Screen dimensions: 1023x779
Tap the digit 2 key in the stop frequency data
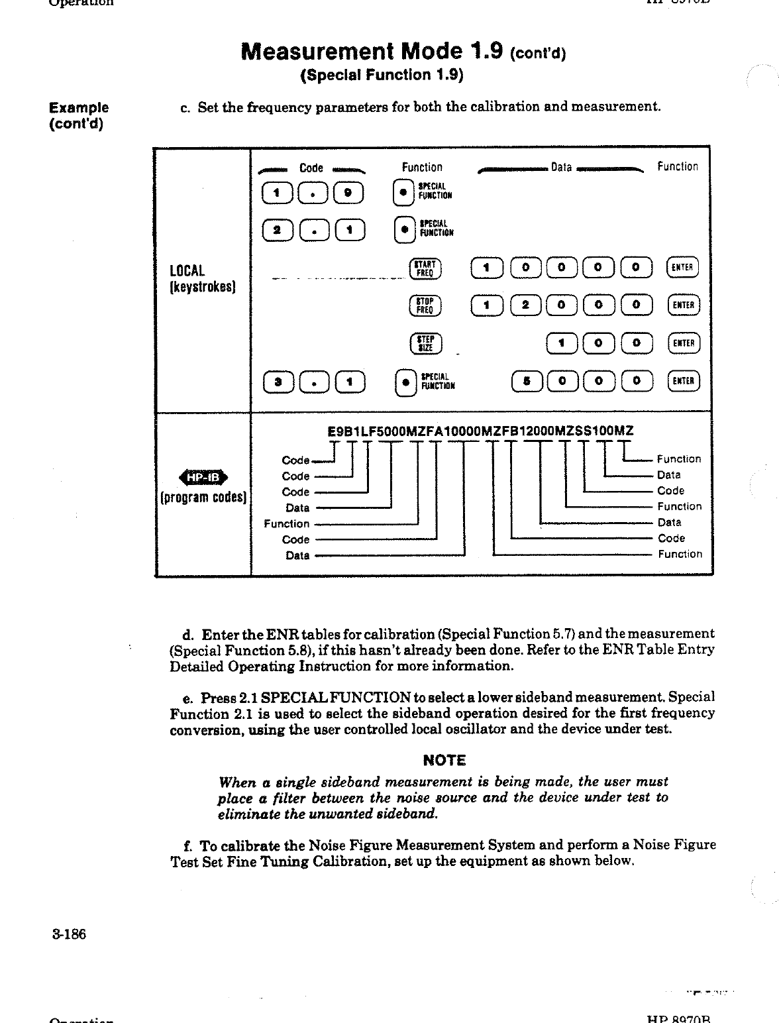526,305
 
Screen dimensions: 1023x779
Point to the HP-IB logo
203,476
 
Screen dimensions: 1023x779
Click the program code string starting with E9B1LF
480,431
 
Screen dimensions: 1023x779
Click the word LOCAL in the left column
187,270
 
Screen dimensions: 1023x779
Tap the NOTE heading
444,760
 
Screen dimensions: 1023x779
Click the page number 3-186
68,934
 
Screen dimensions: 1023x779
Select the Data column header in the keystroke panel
561,168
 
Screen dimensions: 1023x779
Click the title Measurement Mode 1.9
372,51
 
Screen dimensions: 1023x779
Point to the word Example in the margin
79,107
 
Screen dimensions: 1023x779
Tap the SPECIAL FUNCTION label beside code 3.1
437,381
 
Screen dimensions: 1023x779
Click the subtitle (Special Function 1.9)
382,74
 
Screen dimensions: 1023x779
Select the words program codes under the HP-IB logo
203,498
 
